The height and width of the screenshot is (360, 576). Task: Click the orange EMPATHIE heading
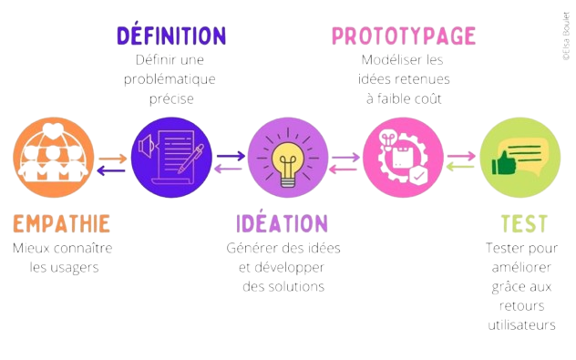pyautogui.click(x=62, y=222)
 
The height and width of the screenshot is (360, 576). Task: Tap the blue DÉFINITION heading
pyautogui.click(x=171, y=36)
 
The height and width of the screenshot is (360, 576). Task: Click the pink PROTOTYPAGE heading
pyautogui.click(x=403, y=36)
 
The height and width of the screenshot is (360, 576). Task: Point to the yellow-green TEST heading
pyautogui.click(x=524, y=222)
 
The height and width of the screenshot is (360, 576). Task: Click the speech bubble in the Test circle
pyautogui.click(x=525, y=147)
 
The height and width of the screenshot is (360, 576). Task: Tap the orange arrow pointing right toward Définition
pyautogui.click(x=113, y=159)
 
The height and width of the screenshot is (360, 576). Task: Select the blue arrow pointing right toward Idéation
pyautogui.click(x=231, y=155)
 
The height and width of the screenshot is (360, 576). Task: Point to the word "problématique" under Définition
pyautogui.click(x=170, y=79)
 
